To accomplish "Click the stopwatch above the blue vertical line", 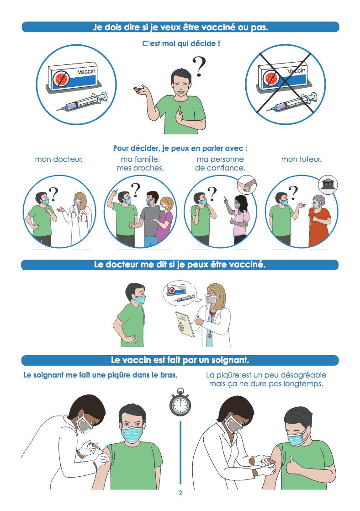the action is click(180, 402).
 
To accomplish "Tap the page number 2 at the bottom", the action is click(180, 493).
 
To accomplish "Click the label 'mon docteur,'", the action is click(59, 160).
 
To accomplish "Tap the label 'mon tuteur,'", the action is click(302, 160).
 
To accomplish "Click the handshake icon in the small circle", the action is click(247, 185).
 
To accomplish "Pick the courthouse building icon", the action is click(328, 185).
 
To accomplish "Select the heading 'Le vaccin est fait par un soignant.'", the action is click(180, 360).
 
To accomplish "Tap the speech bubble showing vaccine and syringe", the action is click(180, 293).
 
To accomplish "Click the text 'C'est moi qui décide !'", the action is click(181, 43).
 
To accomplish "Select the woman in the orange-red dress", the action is click(319, 221).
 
